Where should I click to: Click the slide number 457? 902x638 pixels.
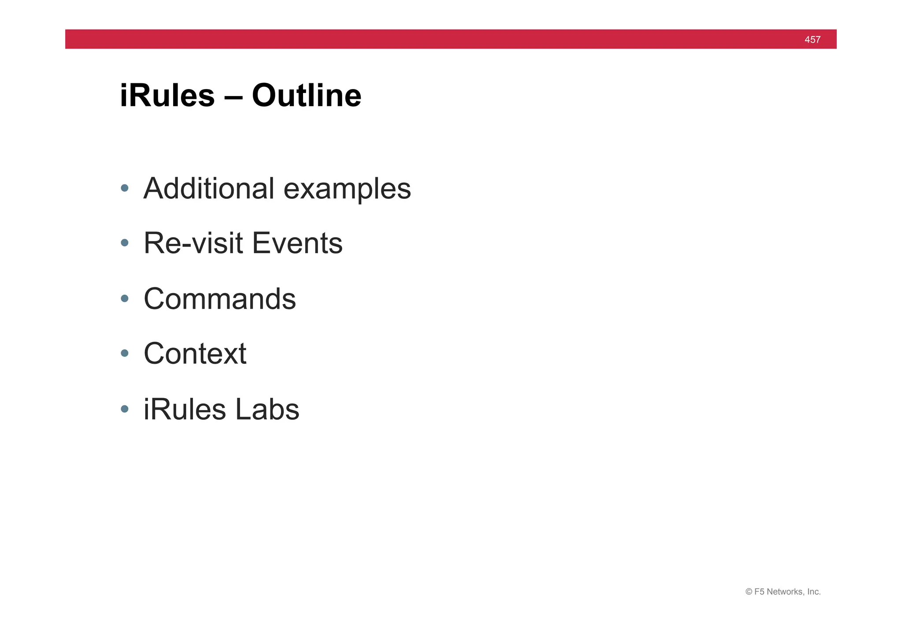pyautogui.click(x=812, y=40)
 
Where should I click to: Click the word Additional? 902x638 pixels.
pyautogui.click(x=209, y=188)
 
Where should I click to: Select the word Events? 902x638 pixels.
pyautogui.click(x=297, y=243)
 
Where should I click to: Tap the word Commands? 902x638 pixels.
pyautogui.click(x=220, y=298)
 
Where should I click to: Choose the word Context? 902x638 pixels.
pyautogui.click(x=195, y=354)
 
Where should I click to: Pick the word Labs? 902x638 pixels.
pyautogui.click(x=267, y=409)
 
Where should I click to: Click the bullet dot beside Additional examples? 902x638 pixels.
pyautogui.click(x=125, y=188)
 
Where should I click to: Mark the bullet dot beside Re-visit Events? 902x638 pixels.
pyautogui.click(x=125, y=243)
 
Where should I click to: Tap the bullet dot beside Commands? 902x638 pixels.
pyautogui.click(x=125, y=298)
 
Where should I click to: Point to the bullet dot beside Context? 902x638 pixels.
pyautogui.click(x=125, y=353)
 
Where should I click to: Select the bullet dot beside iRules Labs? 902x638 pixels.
pyautogui.click(x=125, y=409)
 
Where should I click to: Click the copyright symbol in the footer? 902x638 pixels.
pyautogui.click(x=749, y=592)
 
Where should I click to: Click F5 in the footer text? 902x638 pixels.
pyautogui.click(x=759, y=592)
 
